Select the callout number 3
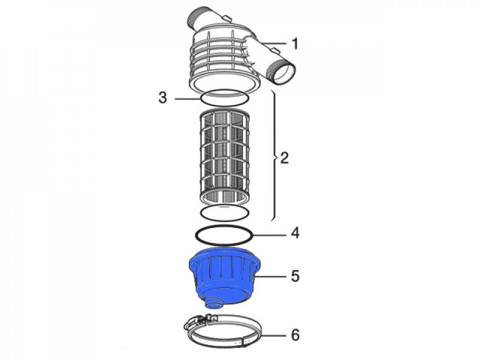(163, 98)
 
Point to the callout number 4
(295, 232)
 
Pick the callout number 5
(295, 276)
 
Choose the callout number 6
(295, 334)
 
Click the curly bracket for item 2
(274, 156)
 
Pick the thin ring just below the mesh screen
(224, 212)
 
